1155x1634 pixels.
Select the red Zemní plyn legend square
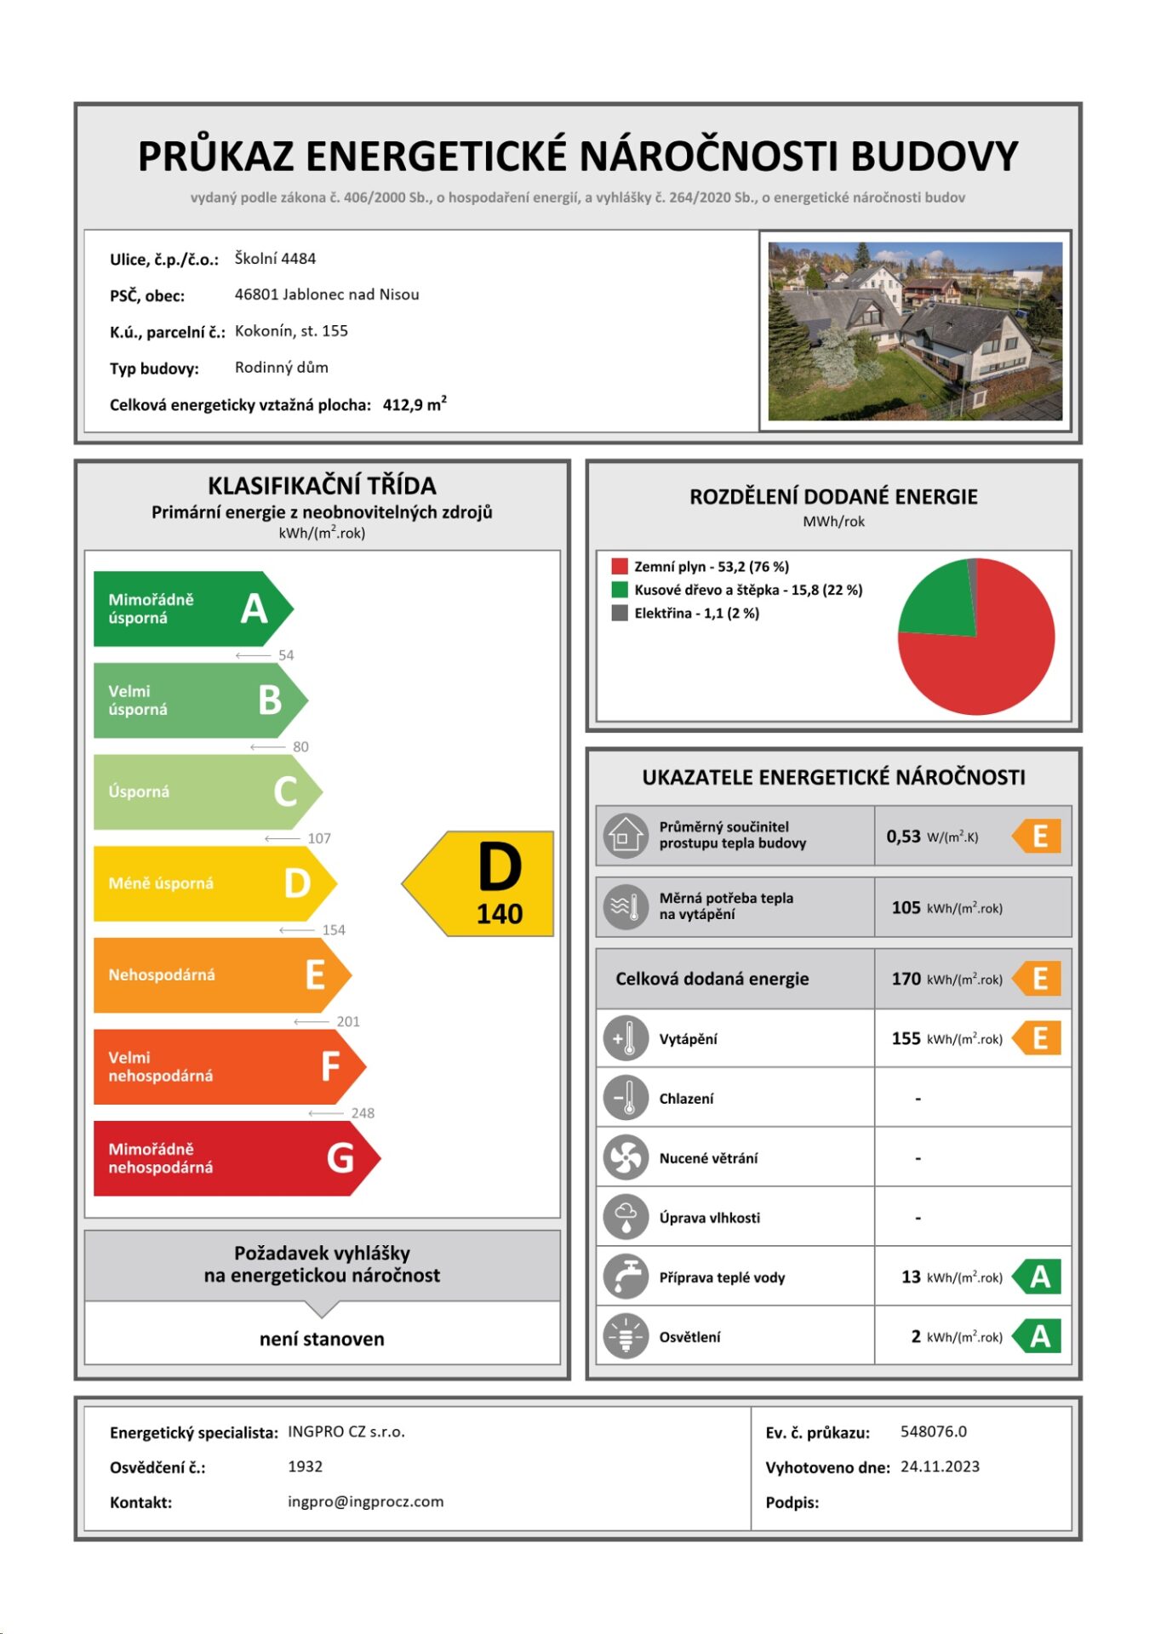tap(620, 566)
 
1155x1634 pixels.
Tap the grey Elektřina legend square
tap(620, 613)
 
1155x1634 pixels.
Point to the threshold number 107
tap(319, 838)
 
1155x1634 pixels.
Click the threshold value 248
tap(363, 1113)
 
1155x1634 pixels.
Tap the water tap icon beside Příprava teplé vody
tap(626, 1277)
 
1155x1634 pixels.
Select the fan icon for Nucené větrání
tap(626, 1157)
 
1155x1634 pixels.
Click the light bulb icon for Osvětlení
tap(626, 1336)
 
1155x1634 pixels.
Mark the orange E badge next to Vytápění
tap(1038, 1038)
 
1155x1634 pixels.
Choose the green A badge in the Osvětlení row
tap(1038, 1336)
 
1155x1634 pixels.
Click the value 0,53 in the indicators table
tap(903, 837)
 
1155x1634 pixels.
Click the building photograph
tap(915, 331)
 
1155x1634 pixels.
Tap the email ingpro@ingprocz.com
tap(365, 1501)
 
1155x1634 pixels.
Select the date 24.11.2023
tap(940, 1466)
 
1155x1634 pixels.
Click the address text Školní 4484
tap(275, 259)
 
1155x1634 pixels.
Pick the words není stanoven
tap(322, 1339)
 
